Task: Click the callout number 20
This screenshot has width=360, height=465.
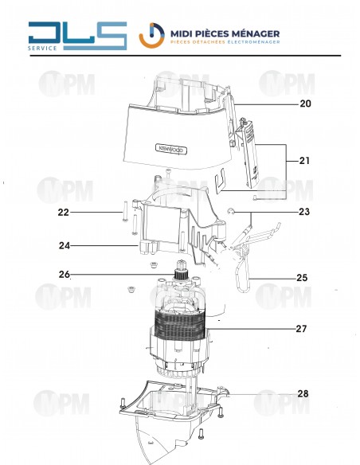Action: pos(305,104)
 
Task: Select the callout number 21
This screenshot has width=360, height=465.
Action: pos(304,161)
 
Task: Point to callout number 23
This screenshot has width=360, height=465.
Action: pos(303,212)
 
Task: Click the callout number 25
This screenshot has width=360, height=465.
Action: pos(301,278)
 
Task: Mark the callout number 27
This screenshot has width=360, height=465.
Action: pos(301,328)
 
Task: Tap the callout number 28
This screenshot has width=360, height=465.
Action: pos(303,393)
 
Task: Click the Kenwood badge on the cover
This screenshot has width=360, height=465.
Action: pos(169,148)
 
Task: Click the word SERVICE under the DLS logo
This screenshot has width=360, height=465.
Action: pos(42,49)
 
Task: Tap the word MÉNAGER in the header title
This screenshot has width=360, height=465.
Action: pos(252,33)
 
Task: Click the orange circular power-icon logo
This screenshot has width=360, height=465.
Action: pos(152,36)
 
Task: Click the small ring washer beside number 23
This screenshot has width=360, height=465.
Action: pos(229,212)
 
